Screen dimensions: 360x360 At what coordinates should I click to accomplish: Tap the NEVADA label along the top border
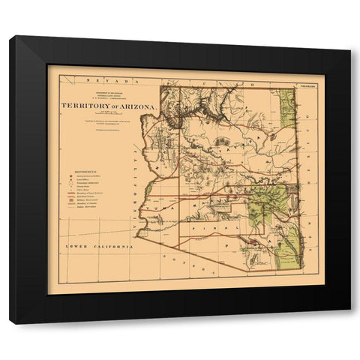[x=102, y=79]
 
